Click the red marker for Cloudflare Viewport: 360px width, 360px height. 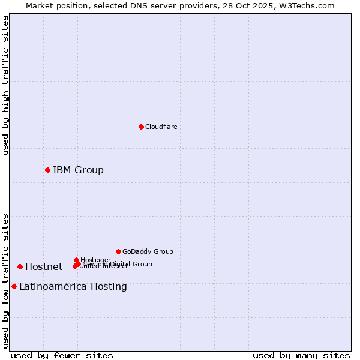[x=141, y=127]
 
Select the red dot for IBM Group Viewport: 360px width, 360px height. [x=47, y=170]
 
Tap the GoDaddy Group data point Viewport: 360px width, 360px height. [x=118, y=251]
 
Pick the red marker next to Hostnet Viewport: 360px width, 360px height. [x=20, y=266]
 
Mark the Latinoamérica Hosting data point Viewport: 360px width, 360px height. [x=14, y=286]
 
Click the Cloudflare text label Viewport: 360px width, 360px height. [x=161, y=127]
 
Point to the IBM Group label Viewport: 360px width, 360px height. [x=78, y=170]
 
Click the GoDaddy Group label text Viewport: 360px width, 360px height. [x=147, y=251]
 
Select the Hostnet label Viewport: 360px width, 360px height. [x=44, y=266]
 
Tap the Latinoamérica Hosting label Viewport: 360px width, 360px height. [x=73, y=286]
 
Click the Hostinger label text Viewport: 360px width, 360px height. [x=95, y=260]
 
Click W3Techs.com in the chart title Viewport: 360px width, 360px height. [x=309, y=5]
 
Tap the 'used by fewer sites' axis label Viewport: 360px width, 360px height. [x=62, y=355]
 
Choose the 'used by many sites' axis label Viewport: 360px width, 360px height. [x=301, y=355]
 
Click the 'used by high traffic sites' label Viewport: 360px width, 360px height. [x=5, y=85]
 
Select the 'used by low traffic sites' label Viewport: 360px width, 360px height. [x=5, y=280]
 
